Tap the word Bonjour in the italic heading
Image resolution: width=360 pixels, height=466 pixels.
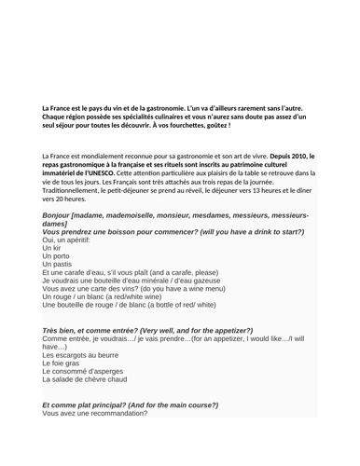tap(62, 214)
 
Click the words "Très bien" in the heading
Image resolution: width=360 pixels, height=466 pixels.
tap(62, 333)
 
